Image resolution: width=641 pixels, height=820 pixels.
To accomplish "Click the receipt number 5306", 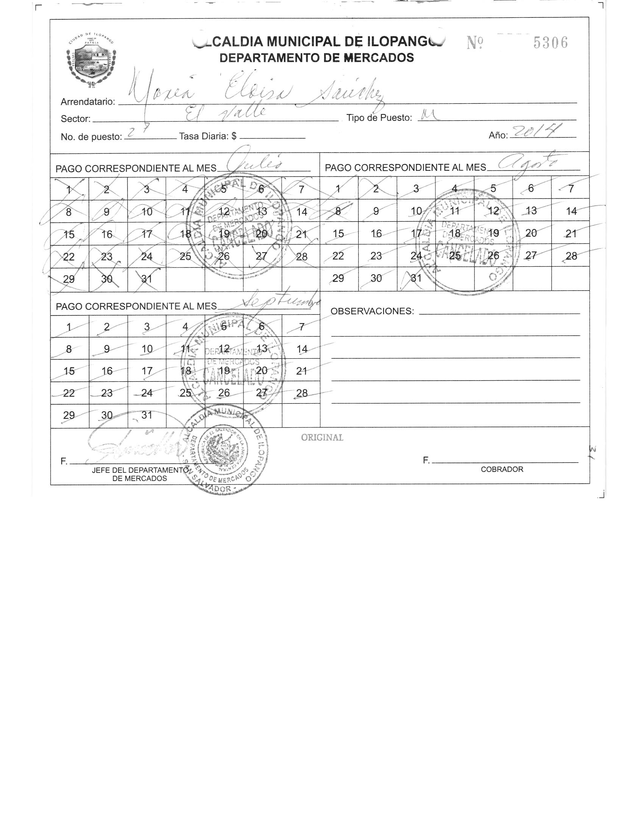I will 551,43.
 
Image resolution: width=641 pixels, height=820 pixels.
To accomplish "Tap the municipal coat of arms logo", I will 91,61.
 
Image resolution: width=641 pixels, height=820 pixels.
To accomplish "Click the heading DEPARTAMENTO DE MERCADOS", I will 317,58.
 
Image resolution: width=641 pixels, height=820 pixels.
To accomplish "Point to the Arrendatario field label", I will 88,102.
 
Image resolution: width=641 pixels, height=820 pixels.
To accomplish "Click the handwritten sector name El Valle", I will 226,112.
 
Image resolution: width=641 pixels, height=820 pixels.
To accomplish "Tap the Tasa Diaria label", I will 207,136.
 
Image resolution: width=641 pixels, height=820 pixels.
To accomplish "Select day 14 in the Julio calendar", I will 301,212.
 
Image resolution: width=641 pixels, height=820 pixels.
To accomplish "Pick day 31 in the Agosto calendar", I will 416,278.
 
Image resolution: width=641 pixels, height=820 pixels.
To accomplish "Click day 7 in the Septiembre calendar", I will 301,326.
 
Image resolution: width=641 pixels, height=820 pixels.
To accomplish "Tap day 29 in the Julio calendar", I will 69,280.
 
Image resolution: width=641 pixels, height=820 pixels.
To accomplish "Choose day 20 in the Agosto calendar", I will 531,233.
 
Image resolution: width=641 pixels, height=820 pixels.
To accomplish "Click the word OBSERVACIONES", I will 372,311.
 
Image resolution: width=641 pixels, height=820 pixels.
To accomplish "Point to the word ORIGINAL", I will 322,437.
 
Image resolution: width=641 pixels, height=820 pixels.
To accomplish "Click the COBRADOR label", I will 502,469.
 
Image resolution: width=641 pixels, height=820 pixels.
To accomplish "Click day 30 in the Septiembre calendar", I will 107,415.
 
